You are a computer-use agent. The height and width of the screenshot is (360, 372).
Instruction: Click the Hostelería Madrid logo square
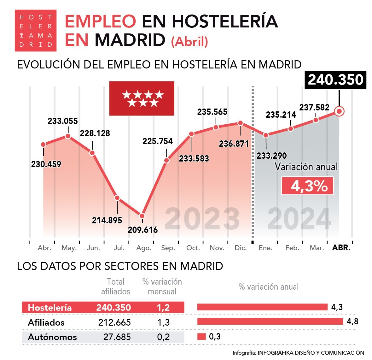point(36,30)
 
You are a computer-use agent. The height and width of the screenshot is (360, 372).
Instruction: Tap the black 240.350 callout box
point(335,80)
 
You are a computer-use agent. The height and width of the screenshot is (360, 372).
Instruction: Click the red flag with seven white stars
point(142,98)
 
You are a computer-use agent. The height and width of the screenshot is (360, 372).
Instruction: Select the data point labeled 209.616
point(142,216)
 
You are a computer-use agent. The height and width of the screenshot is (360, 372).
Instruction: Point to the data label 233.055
point(63,121)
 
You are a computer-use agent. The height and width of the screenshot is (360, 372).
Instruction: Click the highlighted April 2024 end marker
point(339,111)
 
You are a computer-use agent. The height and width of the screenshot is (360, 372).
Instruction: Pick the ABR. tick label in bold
point(341,248)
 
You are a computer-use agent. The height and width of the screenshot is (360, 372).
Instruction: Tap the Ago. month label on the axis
point(144,248)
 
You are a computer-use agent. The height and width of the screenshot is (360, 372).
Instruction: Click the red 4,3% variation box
point(307,186)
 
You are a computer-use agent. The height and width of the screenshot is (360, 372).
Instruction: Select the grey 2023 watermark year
point(202,219)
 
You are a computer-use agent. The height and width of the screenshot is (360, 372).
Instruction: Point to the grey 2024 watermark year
point(299,219)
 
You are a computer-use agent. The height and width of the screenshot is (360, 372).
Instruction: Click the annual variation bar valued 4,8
point(270,322)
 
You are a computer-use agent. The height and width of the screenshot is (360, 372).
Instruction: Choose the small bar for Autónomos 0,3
point(201,337)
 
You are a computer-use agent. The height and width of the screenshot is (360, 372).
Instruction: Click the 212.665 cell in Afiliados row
point(114,322)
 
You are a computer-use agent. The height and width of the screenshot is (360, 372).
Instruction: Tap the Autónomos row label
point(52,337)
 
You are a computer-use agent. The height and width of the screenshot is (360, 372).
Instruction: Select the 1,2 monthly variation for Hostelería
point(163,308)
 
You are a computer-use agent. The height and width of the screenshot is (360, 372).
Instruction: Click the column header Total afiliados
point(115,286)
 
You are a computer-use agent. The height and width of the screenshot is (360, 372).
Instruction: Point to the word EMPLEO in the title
point(100,21)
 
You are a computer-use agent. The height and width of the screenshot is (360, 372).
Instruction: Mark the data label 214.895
point(107,220)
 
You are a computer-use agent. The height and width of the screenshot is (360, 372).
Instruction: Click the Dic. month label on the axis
point(241,248)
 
